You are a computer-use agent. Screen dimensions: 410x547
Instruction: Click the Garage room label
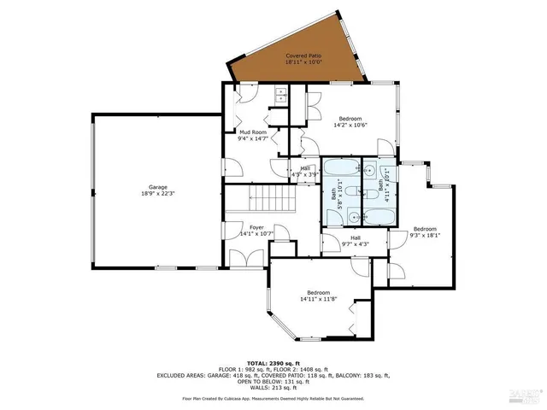pyautogui.click(x=157, y=186)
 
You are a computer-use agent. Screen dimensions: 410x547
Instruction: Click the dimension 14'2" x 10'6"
pyautogui.click(x=350, y=126)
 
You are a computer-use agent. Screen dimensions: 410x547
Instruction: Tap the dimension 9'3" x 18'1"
pyautogui.click(x=425, y=235)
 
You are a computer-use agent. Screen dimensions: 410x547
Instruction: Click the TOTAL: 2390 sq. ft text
pyautogui.click(x=273, y=363)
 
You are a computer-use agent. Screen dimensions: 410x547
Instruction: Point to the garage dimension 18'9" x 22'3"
pyautogui.click(x=157, y=194)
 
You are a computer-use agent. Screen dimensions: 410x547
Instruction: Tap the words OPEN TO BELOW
pyautogui.click(x=253, y=381)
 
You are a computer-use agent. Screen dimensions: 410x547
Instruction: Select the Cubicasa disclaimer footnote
pyautogui.click(x=273, y=398)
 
